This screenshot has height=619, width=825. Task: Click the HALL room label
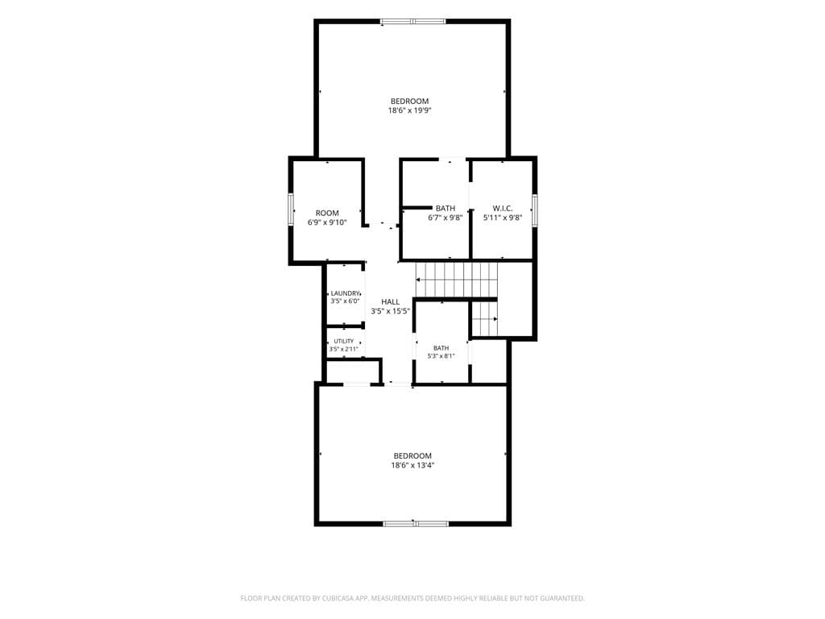[391, 301]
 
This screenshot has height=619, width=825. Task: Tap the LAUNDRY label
[345, 293]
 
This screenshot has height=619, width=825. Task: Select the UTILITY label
[344, 341]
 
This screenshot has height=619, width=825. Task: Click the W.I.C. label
[503, 208]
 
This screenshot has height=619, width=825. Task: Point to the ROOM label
[327, 213]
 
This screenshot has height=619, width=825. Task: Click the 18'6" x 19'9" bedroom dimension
[410, 110]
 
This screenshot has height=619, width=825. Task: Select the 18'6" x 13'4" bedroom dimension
[412, 465]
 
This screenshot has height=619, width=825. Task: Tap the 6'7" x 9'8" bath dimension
[445, 218]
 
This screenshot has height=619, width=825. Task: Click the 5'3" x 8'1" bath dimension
[441, 355]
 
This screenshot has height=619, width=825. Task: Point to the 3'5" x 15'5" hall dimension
[391, 311]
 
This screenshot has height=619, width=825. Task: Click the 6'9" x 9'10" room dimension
[327, 222]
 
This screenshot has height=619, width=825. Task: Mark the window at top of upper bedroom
[413, 22]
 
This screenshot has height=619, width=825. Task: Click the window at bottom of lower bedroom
[416, 523]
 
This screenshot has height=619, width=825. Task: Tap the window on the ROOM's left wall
[290, 210]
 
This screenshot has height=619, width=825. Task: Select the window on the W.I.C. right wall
[535, 210]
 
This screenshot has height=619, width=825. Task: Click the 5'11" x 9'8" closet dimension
[503, 218]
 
